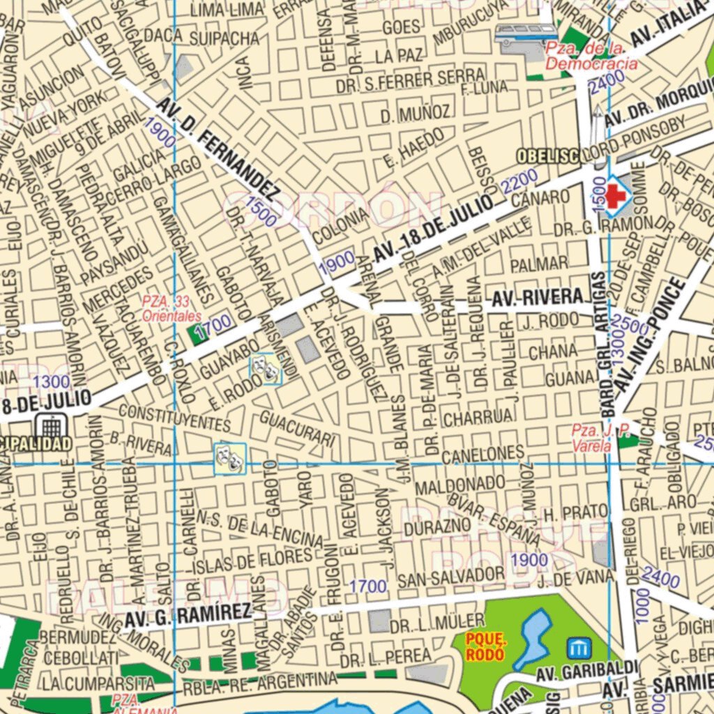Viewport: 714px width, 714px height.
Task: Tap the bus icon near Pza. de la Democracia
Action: point(526,34)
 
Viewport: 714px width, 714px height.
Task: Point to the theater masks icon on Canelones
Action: point(230,457)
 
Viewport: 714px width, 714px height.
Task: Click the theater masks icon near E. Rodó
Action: point(266,368)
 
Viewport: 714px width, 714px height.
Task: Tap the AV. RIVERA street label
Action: point(537,299)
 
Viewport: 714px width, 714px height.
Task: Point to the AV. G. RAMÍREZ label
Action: point(188,614)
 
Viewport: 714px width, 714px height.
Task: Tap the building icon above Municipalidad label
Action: point(51,425)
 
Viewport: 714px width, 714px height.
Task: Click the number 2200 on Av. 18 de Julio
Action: point(519,183)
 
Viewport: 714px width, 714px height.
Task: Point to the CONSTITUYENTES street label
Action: point(174,417)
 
